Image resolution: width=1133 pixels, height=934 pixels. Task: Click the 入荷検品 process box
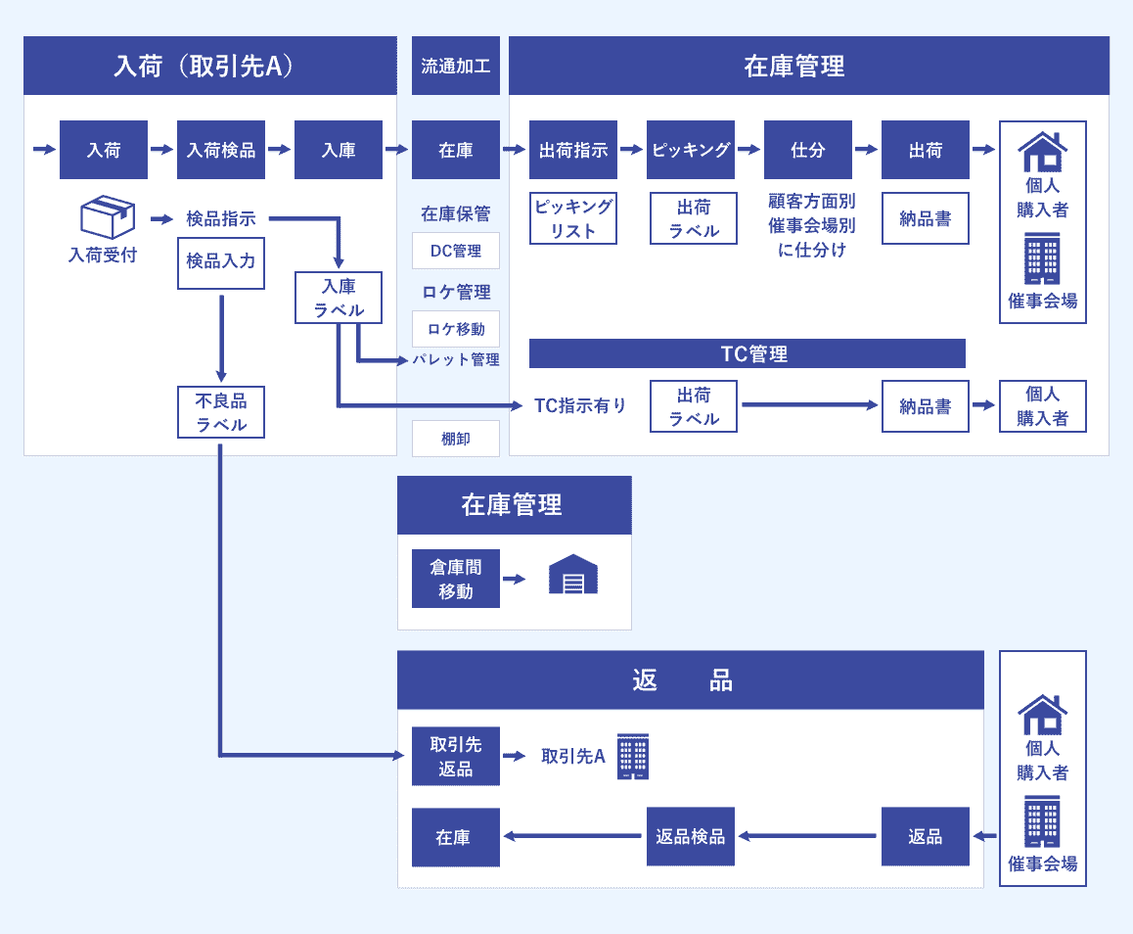click(221, 150)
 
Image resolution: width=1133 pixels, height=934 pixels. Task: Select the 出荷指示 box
click(573, 150)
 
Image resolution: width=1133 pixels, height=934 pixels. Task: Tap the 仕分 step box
click(808, 150)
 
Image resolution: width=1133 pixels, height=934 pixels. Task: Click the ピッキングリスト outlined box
click(573, 218)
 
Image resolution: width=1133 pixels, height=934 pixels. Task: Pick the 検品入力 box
click(221, 260)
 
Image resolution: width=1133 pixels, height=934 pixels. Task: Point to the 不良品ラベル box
click(221, 412)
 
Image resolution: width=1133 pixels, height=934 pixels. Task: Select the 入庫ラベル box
click(339, 299)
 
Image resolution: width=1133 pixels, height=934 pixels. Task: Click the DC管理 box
click(456, 251)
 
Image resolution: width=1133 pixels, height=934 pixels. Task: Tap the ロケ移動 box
click(456, 329)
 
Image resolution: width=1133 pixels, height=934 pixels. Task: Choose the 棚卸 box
click(456, 439)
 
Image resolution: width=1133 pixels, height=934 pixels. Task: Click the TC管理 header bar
click(748, 353)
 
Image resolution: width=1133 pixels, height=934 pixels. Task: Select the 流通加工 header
click(456, 66)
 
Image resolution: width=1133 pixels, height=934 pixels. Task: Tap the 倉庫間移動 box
click(456, 579)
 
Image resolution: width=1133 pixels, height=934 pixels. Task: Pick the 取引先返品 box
click(456, 756)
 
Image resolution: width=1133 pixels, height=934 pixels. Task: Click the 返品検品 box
click(691, 836)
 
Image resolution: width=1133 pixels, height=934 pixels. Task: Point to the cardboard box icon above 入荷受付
click(106, 216)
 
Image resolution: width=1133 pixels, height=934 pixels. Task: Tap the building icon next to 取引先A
click(633, 756)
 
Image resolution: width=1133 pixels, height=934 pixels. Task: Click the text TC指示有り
click(580, 405)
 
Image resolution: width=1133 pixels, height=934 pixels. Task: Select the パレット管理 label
click(456, 360)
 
